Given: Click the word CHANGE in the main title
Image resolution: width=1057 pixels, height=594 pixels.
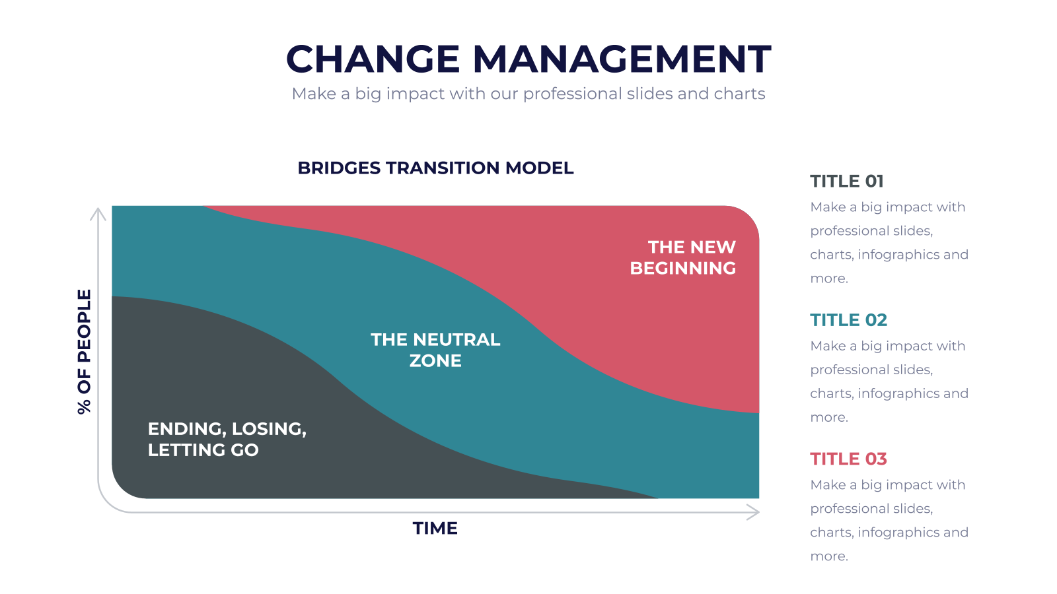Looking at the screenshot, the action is click(373, 59).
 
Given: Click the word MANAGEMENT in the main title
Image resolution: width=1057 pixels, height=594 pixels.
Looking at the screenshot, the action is click(622, 59).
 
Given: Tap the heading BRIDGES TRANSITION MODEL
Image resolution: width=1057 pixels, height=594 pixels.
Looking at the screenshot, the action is click(435, 168).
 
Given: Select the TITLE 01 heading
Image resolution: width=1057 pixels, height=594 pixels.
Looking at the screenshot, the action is click(846, 181).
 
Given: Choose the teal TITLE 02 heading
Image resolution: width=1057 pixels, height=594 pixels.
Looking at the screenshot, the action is click(848, 320).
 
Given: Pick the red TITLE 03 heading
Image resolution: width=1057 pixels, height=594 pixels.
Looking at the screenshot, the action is click(848, 459).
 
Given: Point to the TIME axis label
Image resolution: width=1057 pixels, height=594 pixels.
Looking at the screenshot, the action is click(435, 528).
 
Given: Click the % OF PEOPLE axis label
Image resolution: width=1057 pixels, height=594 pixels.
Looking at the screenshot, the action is click(84, 352).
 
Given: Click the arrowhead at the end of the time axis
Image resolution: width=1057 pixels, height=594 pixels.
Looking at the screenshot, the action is click(754, 512).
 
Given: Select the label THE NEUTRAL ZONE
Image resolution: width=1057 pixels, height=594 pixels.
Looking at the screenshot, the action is click(435, 350).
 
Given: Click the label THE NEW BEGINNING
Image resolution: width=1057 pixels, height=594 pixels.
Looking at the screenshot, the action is click(683, 257).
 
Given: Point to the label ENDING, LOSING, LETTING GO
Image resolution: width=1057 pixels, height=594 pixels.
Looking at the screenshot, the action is click(227, 439).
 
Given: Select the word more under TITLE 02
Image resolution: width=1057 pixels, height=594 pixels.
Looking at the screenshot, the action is click(829, 418).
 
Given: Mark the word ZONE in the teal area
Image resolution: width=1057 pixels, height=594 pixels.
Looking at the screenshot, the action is click(435, 360).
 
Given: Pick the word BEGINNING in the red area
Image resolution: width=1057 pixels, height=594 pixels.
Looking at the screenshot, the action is click(683, 268).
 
